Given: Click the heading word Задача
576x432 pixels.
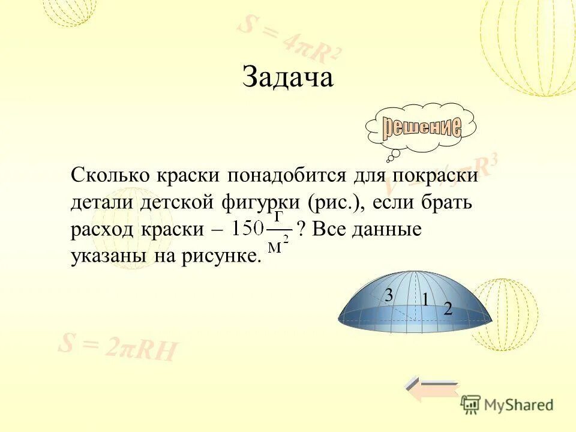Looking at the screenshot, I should pos(287,78).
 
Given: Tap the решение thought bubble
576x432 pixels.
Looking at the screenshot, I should pos(422,128).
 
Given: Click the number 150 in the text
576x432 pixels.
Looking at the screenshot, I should pos(248,229).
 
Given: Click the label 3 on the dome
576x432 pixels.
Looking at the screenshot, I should pos(389,295).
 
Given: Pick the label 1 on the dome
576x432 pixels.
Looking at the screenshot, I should pos(425,299).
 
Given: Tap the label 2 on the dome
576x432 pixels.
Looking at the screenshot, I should pos(448,309).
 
